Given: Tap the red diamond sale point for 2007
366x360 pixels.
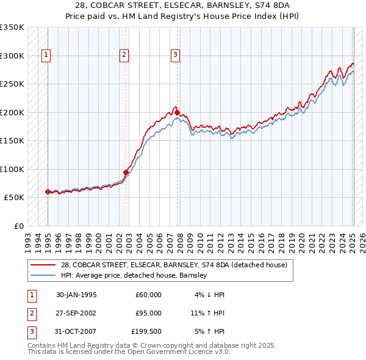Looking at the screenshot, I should point(177,112).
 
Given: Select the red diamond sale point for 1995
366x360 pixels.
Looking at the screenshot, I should point(48,192).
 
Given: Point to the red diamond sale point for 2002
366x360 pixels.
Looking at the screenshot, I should point(126,172).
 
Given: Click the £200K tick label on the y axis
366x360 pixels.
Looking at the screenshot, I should point(12,112).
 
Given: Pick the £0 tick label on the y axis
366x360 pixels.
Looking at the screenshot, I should point(17,226).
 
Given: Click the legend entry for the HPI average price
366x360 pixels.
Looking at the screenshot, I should point(134,275).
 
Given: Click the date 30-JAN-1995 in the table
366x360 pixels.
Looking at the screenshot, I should point(76,295).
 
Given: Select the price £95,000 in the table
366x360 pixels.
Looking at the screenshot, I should point(148,313).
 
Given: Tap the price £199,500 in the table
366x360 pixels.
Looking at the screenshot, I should point(146,331).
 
